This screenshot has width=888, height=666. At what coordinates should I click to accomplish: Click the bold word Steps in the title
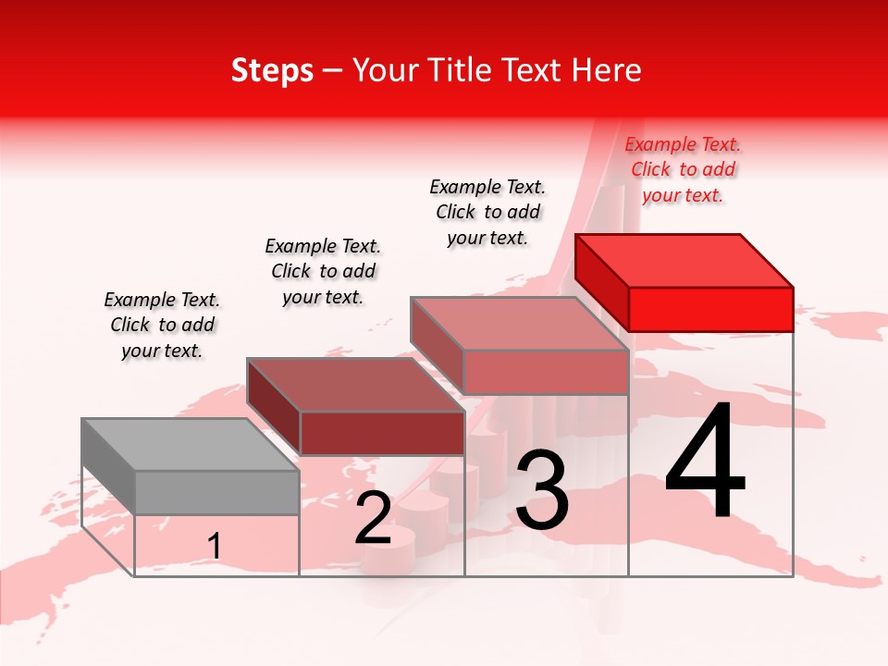pos(272,70)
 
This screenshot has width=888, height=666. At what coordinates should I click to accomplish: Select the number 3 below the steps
pos(542,490)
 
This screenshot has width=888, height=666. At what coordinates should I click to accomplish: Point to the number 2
pos(373,518)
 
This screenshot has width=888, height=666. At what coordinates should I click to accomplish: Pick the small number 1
pos(214,547)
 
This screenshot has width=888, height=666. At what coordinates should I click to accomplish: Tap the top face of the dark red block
pos(355,384)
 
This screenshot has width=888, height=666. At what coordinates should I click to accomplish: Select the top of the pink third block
pos(519,324)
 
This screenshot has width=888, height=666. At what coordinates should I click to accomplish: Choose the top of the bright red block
pos(684,261)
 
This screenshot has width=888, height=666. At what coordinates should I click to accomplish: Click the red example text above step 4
pos(683,169)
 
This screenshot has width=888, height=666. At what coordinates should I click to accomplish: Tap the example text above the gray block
pos(162,325)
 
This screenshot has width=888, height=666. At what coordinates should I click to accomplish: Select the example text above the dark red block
pos(323,271)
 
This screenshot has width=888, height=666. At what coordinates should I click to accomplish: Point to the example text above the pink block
pos(487,212)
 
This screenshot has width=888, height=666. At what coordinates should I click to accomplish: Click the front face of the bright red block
pos(710,309)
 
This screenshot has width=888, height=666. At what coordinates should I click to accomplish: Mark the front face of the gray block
pos(216,492)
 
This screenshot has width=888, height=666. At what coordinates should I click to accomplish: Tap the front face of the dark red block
pos(381,433)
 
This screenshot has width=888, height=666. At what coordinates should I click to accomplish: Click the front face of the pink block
pos(546,372)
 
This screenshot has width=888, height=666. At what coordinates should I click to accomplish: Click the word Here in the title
pos(607,70)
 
